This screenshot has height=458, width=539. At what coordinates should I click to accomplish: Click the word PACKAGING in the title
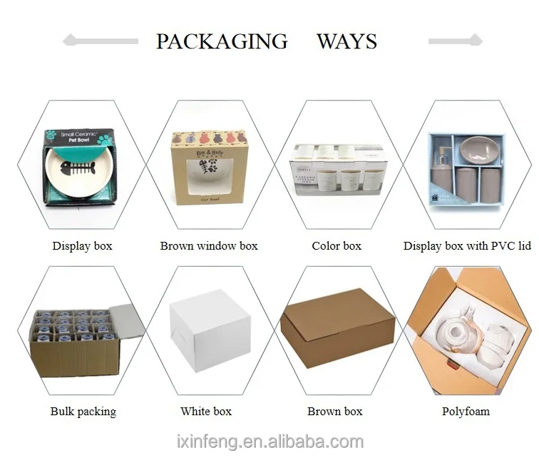coord(222,41)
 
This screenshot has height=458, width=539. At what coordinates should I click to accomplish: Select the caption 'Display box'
coord(82,246)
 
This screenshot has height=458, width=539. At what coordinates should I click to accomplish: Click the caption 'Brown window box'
coord(209,246)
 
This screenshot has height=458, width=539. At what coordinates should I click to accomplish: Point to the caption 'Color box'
coord(337,246)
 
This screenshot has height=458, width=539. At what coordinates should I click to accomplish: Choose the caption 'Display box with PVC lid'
coord(467,246)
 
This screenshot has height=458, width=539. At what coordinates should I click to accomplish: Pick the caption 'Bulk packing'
coord(83,412)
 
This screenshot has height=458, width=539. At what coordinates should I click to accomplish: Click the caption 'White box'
coord(206,412)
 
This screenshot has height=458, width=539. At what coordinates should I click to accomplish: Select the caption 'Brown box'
coord(335,412)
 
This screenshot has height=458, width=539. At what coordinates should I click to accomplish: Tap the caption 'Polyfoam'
coord(466,412)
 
